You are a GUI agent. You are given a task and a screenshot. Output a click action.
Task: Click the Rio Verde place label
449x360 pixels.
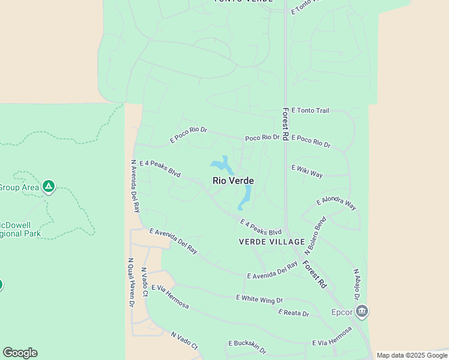point(233,181)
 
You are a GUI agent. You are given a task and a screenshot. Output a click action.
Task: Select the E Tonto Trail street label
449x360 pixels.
point(310,110)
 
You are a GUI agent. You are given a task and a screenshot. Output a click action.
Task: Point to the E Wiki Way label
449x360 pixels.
point(307,172)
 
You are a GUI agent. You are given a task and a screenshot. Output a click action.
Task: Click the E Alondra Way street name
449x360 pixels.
point(336,203)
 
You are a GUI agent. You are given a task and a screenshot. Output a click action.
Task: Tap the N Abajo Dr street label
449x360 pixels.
point(356,284)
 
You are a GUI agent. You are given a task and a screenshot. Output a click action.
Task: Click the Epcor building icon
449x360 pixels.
point(361,311)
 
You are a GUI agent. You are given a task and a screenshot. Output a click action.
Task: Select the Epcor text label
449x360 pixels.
point(342,312)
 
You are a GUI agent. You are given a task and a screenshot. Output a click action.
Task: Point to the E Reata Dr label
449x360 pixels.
point(294,313)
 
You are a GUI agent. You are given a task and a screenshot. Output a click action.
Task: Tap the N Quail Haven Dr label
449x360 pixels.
point(130,283)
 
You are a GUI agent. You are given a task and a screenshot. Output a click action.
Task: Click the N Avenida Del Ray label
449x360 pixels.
point(135,186)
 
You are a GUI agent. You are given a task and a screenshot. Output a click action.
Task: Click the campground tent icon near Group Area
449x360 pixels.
point(49,187)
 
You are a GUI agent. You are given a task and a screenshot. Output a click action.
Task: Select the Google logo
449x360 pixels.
point(20,353)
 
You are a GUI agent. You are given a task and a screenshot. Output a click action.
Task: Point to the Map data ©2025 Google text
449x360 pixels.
point(412,355)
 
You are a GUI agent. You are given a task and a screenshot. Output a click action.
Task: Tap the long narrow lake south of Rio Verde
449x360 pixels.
point(246,196)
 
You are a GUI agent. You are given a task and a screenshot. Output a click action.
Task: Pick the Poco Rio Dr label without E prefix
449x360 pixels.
point(262,138)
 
